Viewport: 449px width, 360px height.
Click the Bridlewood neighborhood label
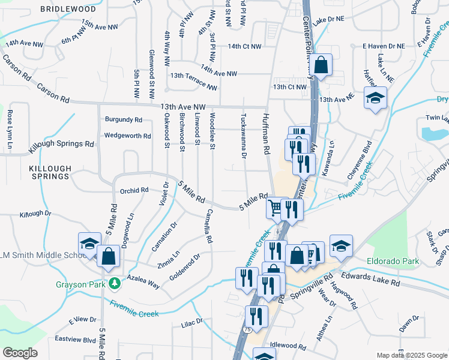pos(68,10)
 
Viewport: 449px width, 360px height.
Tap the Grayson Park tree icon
pos(113,283)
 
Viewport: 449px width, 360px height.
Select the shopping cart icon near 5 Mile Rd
pos(275,208)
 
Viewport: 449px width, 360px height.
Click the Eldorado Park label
pos(394,262)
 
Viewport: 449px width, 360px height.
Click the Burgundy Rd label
pos(123,119)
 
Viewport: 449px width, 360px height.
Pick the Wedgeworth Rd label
pos(127,136)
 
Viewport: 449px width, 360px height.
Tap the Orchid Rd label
pos(134,191)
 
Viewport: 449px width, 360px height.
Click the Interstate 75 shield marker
pos(248,330)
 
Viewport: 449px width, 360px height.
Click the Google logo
pos(20,353)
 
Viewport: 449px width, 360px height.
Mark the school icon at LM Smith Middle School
pos(89,244)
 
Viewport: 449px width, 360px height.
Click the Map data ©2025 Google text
pos(411,355)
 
